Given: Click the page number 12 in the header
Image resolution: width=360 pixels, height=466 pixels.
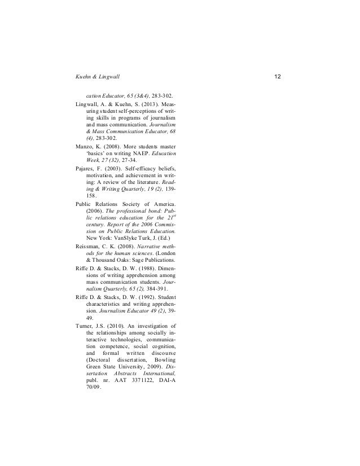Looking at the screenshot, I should pyautogui.click(x=276, y=76).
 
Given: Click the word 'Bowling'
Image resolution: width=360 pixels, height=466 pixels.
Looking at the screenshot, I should pyautogui.click(x=164, y=361).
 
